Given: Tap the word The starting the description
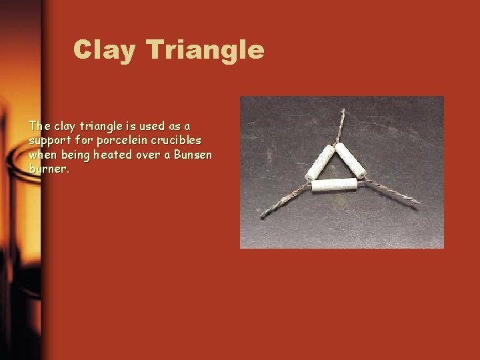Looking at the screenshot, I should coord(39,126).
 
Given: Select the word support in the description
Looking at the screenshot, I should coord(48,141).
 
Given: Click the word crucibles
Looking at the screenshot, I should coord(176,141).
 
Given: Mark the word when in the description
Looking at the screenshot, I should coord(43,155).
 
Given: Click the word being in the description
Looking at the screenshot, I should coord(75,155).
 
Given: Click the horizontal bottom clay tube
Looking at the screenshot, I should coord(335,185).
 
